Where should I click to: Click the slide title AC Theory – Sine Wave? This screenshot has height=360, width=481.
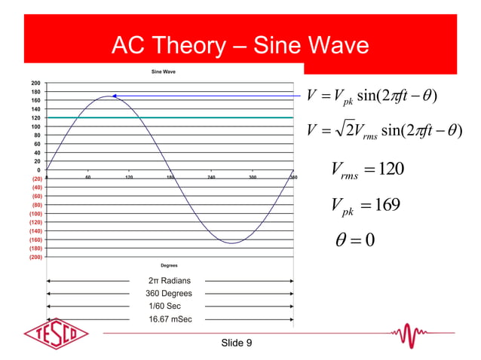coord(240,47)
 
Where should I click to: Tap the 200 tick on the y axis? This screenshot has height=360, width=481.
coord(35,82)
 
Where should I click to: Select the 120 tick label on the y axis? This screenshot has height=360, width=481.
coord(35,118)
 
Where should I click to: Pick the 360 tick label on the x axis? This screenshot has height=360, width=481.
coord(293,178)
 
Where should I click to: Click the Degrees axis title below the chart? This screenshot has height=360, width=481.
coord(170,265)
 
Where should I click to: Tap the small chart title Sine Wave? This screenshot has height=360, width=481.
coord(164,72)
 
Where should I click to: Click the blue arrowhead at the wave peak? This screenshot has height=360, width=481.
coord(115,96)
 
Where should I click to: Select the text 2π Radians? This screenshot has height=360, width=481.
coord(168,281)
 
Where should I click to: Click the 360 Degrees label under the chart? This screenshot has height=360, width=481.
coord(169,294)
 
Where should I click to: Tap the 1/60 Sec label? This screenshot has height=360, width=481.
coord(165,307)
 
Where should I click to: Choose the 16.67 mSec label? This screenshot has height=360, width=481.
coord(170,319)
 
